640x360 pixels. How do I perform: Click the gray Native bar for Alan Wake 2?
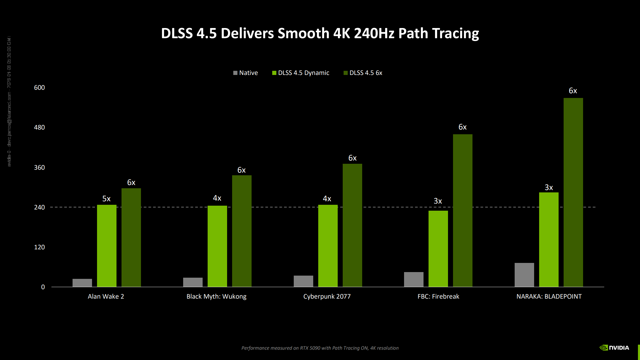coord(82,283)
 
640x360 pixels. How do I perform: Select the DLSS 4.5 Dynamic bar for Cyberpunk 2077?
coord(328,246)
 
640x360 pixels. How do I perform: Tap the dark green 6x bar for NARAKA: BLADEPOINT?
coord(573,192)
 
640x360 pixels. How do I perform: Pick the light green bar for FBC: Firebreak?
coord(438,248)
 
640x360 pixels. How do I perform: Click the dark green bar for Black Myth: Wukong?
coord(242,231)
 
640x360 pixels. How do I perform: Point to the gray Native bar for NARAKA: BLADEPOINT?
coord(524,275)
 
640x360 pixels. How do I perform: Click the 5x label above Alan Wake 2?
coord(106,199)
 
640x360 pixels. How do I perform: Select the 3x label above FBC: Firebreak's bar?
coord(438,201)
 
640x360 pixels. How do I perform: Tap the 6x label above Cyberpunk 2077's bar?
coord(352,158)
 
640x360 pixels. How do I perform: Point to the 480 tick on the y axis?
coord(39,127)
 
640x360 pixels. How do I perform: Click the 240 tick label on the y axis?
coord(39,207)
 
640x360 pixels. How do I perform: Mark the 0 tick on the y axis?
coord(43,287)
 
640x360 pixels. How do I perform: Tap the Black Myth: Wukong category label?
coord(216,296)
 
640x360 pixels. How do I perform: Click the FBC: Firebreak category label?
coord(438,296)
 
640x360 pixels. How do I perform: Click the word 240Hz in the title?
coord(374,33)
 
